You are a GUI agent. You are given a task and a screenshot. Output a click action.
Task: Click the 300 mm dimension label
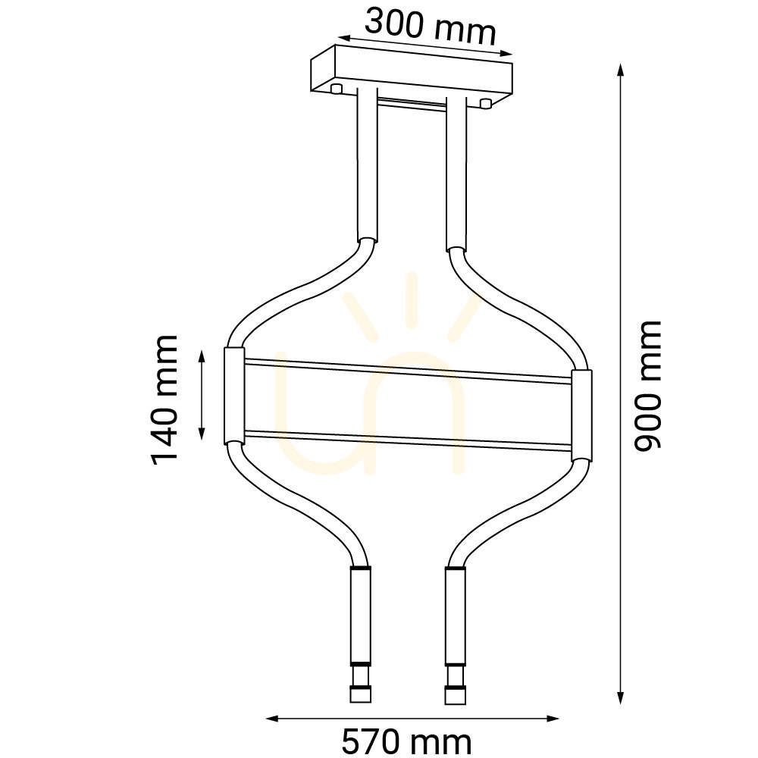pyautogui.click(x=431, y=27)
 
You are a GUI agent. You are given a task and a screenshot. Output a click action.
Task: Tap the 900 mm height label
pyautogui.click(x=647, y=386)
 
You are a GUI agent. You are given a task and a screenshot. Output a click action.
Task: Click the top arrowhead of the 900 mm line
pyautogui.click(x=621, y=70)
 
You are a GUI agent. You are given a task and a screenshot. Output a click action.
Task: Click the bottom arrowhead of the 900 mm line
pyautogui.click(x=621, y=697)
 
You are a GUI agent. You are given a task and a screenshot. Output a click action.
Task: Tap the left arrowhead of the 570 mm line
pyautogui.click(x=273, y=719)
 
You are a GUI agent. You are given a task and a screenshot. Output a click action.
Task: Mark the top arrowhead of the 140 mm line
pyautogui.click(x=202, y=358)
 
